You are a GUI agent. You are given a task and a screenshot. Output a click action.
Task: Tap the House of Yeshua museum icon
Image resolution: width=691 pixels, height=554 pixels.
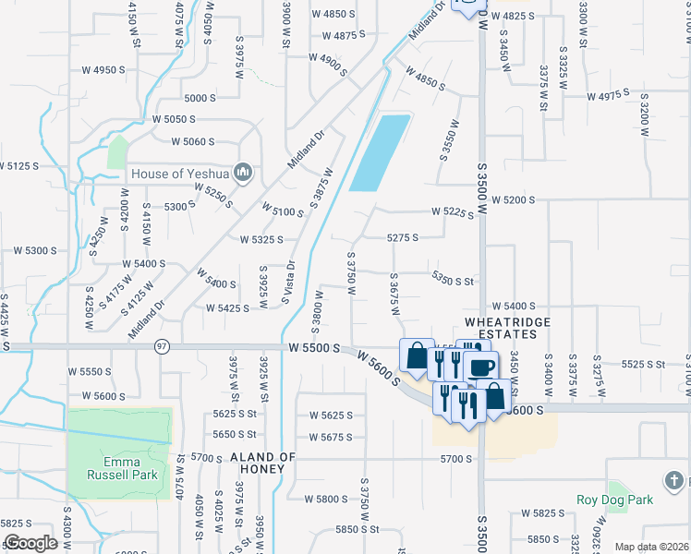click(x=243, y=172)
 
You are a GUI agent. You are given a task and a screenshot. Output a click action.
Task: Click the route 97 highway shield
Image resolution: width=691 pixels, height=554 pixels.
click(x=163, y=345)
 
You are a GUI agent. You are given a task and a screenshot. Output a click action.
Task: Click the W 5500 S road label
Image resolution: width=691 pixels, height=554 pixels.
click(x=314, y=348)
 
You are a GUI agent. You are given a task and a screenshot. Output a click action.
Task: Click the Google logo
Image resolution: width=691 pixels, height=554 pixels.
click(x=30, y=543)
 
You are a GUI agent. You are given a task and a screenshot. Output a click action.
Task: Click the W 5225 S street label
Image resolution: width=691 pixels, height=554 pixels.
click(x=453, y=213)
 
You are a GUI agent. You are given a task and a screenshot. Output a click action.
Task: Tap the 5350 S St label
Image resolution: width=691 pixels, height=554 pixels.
click(x=453, y=280)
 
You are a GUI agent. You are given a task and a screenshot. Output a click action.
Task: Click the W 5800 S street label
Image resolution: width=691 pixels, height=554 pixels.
click(x=328, y=499)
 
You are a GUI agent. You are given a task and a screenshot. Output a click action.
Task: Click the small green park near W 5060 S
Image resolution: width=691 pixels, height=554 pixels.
click(x=117, y=151)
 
